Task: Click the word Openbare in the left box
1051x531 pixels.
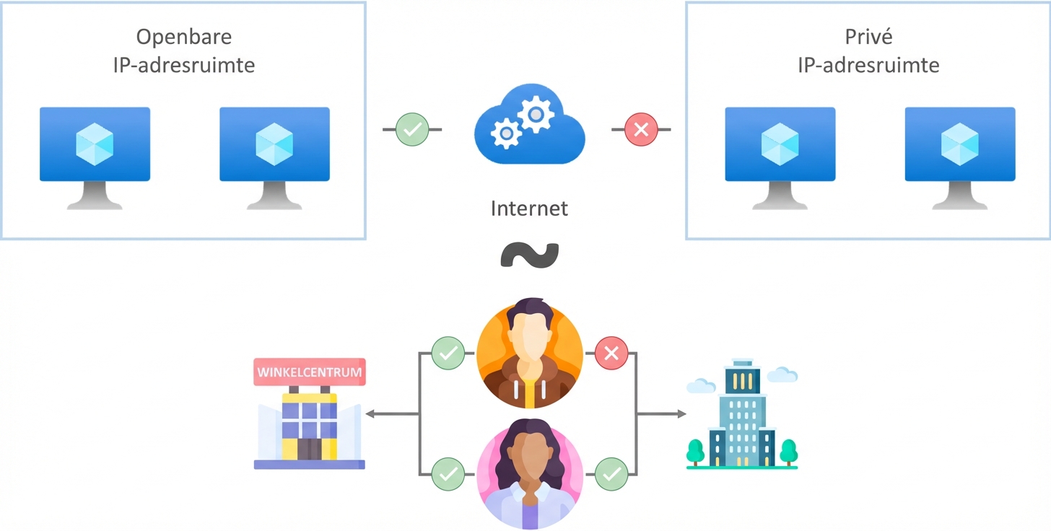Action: (x=184, y=37)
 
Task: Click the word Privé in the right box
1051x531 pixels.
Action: (x=868, y=37)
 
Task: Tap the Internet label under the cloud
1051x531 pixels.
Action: (x=529, y=209)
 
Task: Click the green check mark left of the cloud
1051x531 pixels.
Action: (x=412, y=130)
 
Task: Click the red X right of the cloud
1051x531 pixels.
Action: (x=641, y=130)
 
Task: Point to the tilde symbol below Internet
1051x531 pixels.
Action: (x=530, y=255)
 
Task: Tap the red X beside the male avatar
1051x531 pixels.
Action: (x=611, y=354)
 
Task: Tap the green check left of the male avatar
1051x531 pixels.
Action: (x=448, y=354)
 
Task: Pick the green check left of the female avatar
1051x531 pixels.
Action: (x=448, y=474)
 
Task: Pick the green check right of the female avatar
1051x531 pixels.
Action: (x=611, y=474)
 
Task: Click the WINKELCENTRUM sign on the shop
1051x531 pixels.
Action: (x=310, y=373)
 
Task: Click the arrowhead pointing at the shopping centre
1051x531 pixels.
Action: (x=370, y=414)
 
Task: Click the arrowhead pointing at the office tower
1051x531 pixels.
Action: (x=681, y=414)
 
